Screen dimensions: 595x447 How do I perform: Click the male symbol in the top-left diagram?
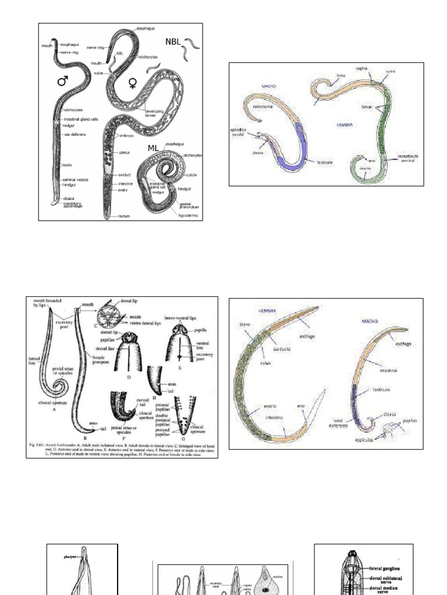pos(62,81)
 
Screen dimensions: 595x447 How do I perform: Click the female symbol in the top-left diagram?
pos(133,84)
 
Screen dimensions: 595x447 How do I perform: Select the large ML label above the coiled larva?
pos(152,148)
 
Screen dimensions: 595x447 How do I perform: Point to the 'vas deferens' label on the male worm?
pos(75,135)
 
